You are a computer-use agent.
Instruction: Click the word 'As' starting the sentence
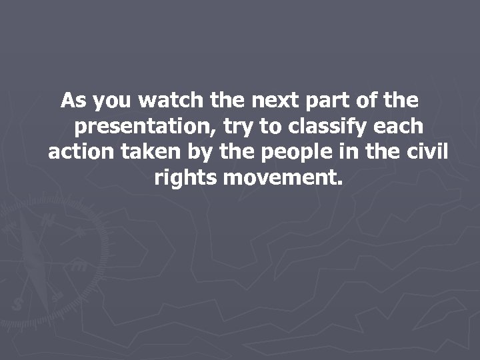[x=73, y=101]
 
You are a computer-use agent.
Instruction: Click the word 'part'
[x=325, y=102]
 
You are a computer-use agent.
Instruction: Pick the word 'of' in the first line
[x=367, y=101]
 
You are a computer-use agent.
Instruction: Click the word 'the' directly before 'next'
[x=227, y=101]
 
